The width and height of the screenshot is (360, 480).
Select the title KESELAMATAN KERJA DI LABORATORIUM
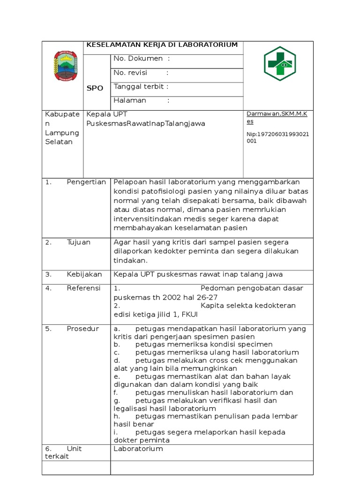162,45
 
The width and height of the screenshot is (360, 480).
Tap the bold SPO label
95,88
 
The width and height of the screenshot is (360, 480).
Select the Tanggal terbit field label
141,86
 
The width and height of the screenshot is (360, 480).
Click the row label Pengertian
86,182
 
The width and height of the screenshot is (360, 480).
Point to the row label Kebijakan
84,274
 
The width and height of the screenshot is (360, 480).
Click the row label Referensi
84,288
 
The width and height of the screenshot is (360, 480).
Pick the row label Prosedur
83,329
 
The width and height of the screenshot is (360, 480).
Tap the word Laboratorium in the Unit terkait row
138,449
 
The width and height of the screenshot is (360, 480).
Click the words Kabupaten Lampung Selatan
62,128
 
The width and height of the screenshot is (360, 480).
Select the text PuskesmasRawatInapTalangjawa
146,123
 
